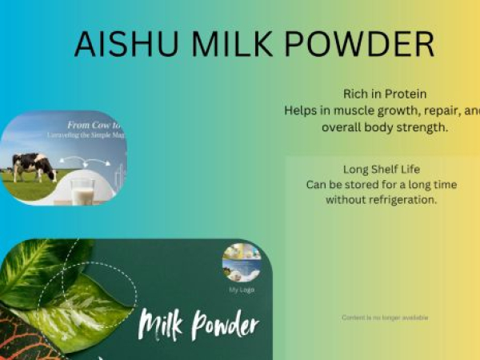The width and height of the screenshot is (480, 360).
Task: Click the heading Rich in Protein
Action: point(384,94)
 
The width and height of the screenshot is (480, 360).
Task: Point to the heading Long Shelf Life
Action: point(382,170)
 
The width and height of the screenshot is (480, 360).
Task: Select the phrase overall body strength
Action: point(384,127)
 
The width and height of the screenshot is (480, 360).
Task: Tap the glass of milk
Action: point(82,191)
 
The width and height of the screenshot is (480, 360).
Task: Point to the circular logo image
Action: point(242,262)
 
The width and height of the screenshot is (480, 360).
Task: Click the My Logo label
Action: point(242,290)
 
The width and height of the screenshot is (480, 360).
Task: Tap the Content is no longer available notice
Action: point(385,318)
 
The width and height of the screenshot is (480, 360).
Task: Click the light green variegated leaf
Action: point(76,308)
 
